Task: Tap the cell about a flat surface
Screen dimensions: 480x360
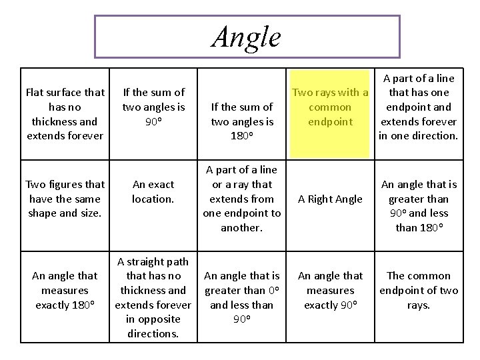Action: pyautogui.click(x=65, y=114)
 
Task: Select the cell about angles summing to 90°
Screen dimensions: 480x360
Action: pyautogui.click(x=153, y=107)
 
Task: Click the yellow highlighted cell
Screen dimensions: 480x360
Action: pyautogui.click(x=331, y=107)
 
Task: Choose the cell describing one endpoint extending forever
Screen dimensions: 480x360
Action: pyautogui.click(x=418, y=107)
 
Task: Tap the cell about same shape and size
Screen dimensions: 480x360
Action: pyautogui.click(x=65, y=199)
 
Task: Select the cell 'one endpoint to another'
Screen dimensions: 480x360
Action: pyautogui.click(x=242, y=199)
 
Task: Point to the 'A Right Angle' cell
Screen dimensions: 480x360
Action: pyautogui.click(x=330, y=199)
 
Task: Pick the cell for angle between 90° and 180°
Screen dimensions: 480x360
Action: pyautogui.click(x=418, y=206)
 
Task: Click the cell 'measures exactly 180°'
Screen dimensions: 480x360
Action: pyautogui.click(x=65, y=290)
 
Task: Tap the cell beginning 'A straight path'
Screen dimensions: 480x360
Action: pyautogui.click(x=153, y=297)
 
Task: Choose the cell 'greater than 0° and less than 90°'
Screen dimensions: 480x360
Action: pyautogui.click(x=242, y=291)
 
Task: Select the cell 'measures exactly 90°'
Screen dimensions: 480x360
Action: pyautogui.click(x=330, y=290)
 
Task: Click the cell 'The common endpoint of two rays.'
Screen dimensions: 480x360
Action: pyautogui.click(x=418, y=290)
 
